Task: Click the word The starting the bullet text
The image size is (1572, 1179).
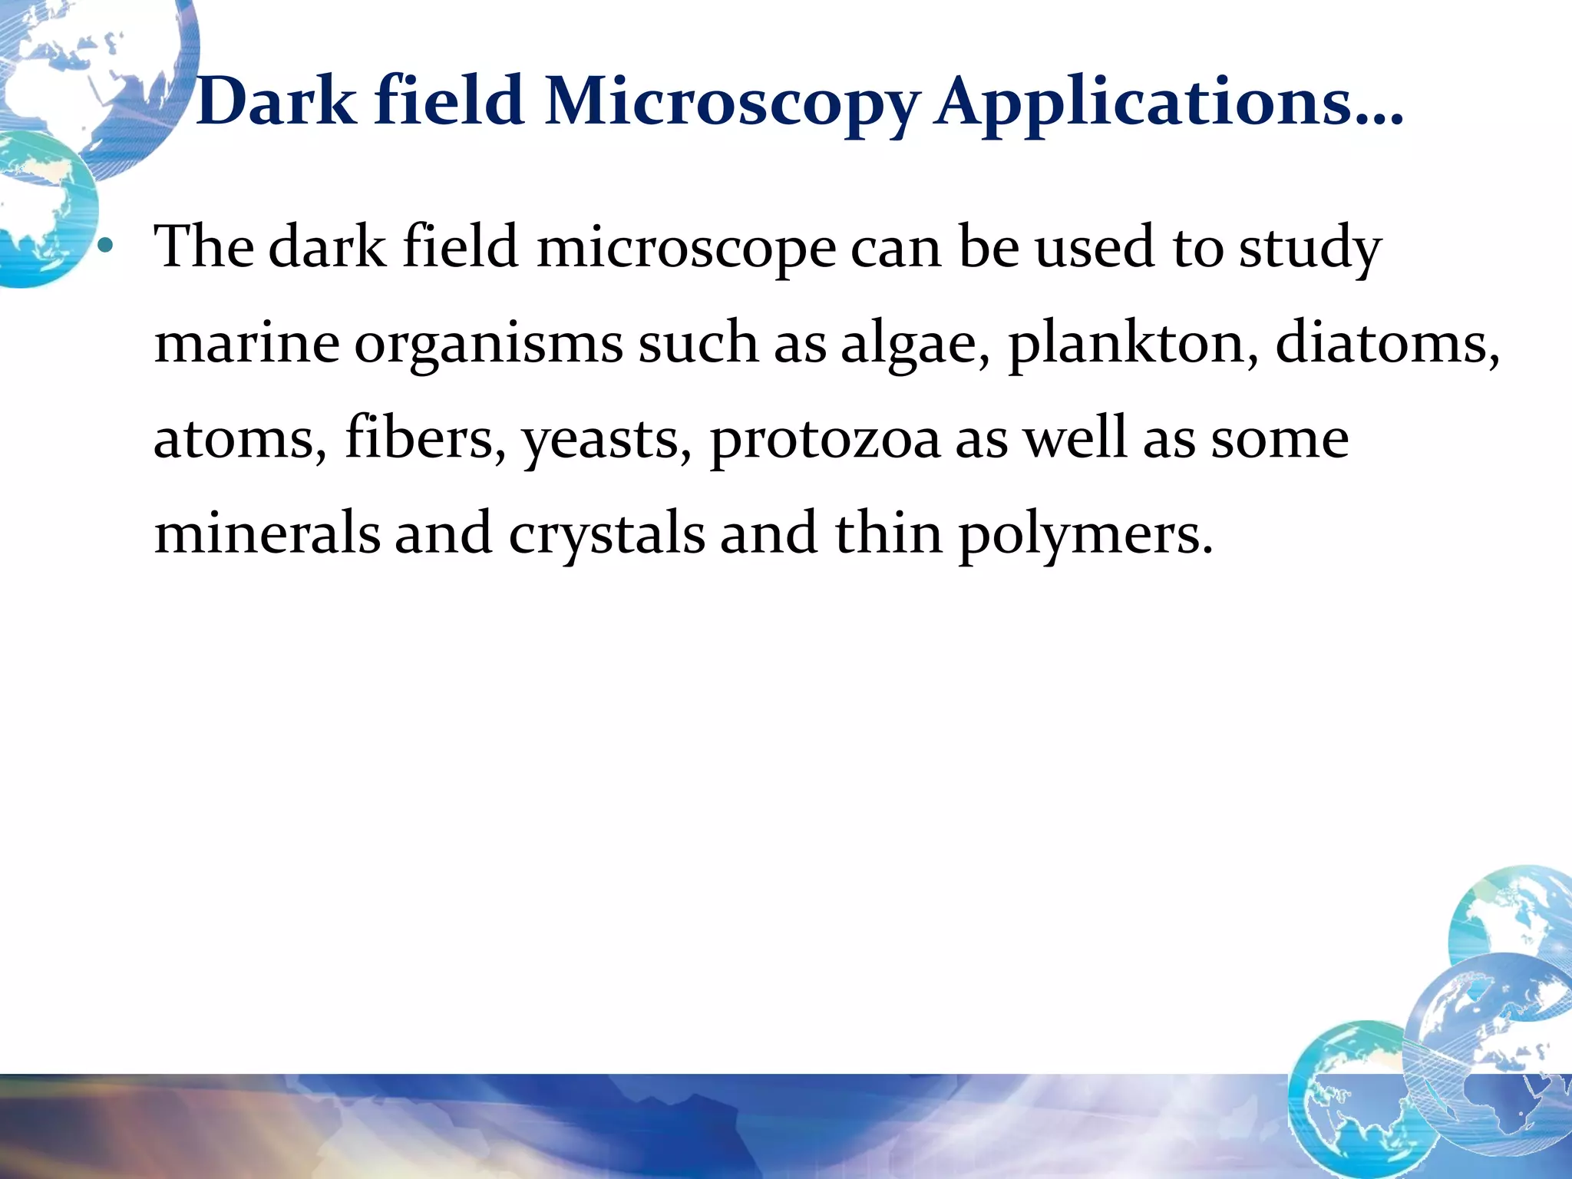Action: click(x=204, y=247)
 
